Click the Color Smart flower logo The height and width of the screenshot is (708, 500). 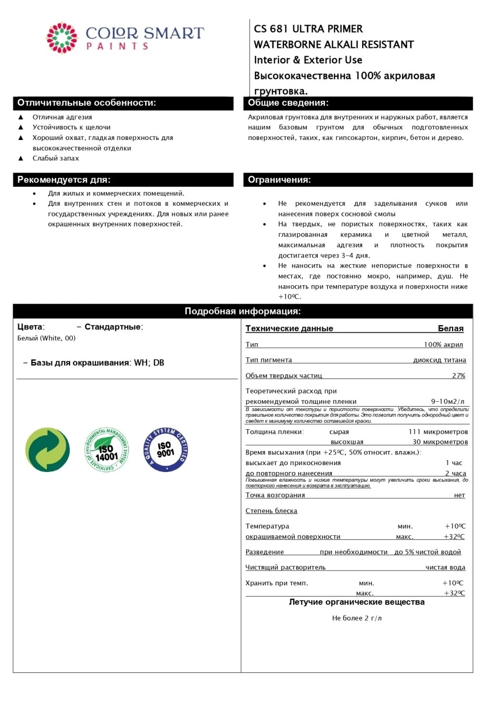pyautogui.click(x=62, y=38)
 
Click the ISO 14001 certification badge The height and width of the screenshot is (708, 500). pyautogui.click(x=106, y=450)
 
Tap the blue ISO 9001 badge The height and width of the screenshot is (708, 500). pyautogui.click(x=166, y=450)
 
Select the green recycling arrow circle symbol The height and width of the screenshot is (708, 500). pyautogui.click(x=48, y=450)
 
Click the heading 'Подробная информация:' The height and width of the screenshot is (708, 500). pyautogui.click(x=243, y=311)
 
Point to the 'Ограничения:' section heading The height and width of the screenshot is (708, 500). pyautogui.click(x=279, y=180)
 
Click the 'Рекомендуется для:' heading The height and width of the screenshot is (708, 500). pyautogui.click(x=64, y=180)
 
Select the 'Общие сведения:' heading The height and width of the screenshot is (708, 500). pyautogui.click(x=288, y=103)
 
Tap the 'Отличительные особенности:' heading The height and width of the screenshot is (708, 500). pyautogui.click(x=87, y=103)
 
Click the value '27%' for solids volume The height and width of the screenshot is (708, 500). pyautogui.click(x=459, y=375)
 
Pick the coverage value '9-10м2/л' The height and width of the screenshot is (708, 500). pyautogui.click(x=448, y=401)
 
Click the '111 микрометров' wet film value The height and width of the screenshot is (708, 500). pyautogui.click(x=438, y=432)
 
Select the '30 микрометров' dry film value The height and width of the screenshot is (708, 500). pyautogui.click(x=440, y=442)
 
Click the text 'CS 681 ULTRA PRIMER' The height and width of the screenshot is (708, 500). pyautogui.click(x=308, y=29)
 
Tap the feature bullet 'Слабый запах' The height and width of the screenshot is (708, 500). pyautogui.click(x=56, y=158)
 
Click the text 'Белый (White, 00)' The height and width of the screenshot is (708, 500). pyautogui.click(x=46, y=338)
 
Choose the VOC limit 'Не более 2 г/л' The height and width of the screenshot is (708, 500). pyautogui.click(x=357, y=618)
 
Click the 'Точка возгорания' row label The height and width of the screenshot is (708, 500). pyautogui.click(x=275, y=495)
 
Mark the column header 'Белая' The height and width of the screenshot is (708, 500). pyautogui.click(x=451, y=329)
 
